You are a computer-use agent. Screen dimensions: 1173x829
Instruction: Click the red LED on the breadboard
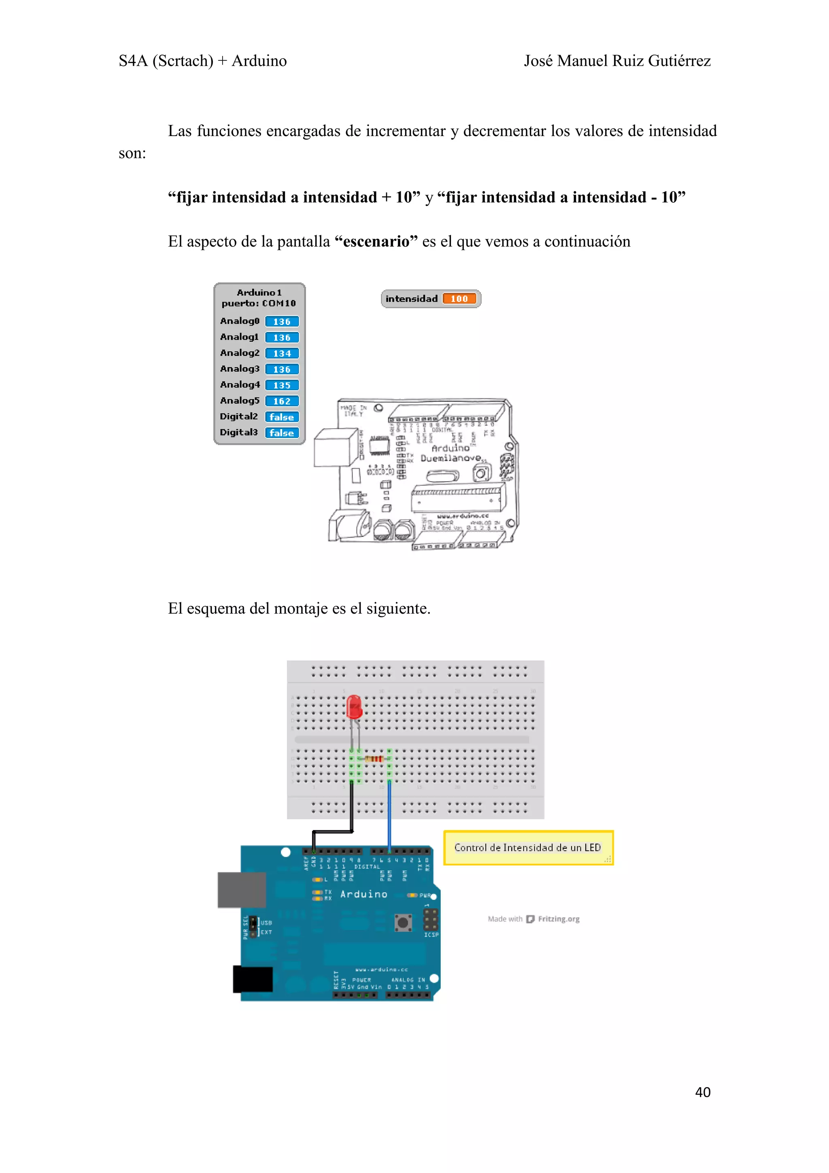354,708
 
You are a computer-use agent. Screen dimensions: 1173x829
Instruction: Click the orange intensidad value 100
459,299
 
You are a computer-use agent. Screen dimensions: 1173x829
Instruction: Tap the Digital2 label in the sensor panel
238,416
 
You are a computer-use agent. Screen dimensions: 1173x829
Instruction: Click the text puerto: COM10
259,304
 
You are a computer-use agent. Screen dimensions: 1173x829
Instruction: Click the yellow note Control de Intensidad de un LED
528,848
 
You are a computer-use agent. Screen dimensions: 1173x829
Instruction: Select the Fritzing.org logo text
558,919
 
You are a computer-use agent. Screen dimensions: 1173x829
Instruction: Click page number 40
703,1092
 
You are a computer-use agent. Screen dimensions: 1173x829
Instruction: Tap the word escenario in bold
376,242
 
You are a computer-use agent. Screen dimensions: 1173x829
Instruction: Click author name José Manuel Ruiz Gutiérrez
617,61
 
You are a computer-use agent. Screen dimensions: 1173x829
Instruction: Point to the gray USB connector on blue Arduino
242,890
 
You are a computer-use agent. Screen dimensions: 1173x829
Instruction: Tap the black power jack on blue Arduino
253,979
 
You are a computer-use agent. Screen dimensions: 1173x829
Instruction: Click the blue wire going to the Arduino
390,818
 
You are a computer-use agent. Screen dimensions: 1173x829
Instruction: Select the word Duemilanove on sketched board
451,458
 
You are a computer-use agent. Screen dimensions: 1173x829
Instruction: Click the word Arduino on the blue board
363,895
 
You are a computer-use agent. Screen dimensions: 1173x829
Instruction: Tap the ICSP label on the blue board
431,935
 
